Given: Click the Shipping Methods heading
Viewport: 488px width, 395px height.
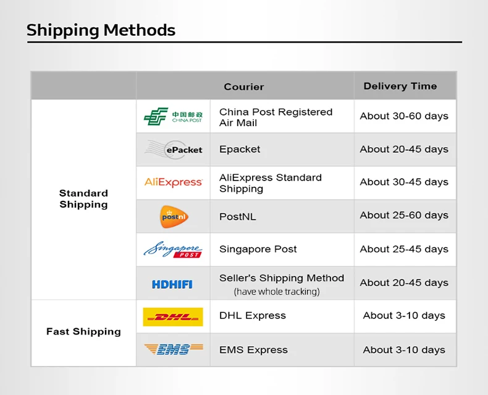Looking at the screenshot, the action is pos(101,31).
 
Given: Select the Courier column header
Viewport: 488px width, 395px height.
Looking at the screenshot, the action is pos(244,87).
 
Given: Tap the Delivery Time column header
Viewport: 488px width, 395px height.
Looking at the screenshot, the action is pos(400,86).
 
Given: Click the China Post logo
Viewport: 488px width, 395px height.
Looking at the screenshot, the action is pos(173,116).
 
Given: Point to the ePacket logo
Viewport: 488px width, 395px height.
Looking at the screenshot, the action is pos(174,150).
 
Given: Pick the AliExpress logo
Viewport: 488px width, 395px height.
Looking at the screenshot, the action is pos(174,182).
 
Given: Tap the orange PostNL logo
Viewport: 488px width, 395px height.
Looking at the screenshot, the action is pos(174,216).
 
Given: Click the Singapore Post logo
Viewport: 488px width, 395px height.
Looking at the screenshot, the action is pos(173,250).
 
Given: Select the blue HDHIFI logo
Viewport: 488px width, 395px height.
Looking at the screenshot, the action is pos(172,284).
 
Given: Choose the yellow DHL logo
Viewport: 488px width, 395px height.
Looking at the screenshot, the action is pos(173,317).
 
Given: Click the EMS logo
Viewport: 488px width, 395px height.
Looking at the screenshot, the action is pos(174,349).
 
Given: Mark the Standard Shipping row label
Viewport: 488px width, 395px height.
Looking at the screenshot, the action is pos(83,199).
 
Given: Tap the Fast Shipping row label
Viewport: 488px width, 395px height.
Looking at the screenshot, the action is pos(83,331).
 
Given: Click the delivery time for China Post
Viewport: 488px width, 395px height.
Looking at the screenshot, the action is pos(404,116).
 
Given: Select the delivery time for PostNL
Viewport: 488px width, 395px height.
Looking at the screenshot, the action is pos(404,215).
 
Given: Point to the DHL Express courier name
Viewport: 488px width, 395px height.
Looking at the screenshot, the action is pos(253,315).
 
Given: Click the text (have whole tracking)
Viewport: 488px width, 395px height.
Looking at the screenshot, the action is pos(277,292).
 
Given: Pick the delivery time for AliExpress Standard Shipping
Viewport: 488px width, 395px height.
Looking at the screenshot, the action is pos(404,182).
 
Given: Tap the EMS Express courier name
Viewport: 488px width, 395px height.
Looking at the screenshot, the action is pos(253,350).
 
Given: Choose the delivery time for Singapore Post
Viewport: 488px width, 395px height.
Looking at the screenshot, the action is pos(404,249).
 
